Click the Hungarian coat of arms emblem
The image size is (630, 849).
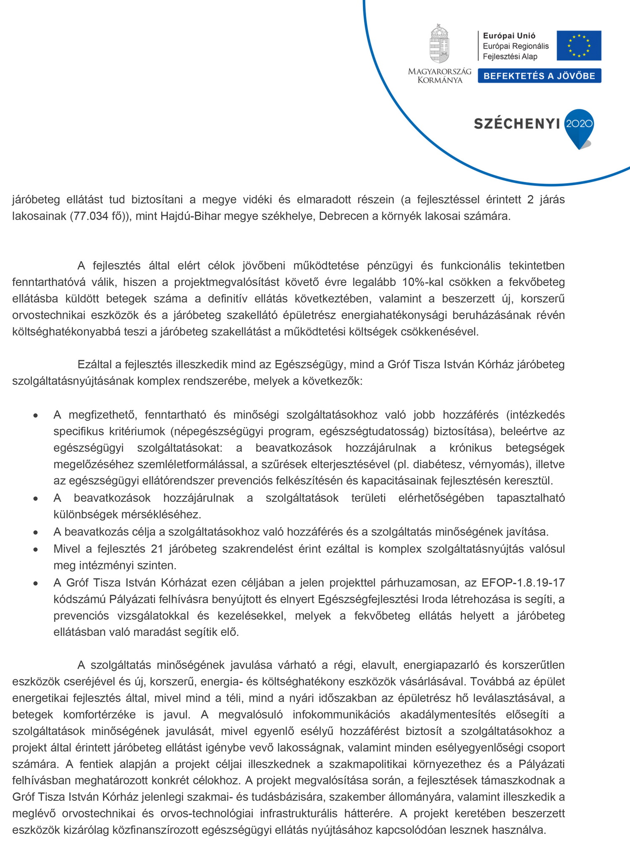tap(439, 44)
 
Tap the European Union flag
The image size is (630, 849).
tap(579, 45)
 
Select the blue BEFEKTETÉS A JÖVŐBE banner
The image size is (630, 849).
tap(539, 76)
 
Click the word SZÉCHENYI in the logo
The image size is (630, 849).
tap(517, 124)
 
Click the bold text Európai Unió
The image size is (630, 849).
tap(509, 36)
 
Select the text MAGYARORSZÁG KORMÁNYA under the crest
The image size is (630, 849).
tap(439, 76)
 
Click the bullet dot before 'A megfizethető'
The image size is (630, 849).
tap(36, 416)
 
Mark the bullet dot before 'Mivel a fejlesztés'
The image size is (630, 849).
tap(36, 550)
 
